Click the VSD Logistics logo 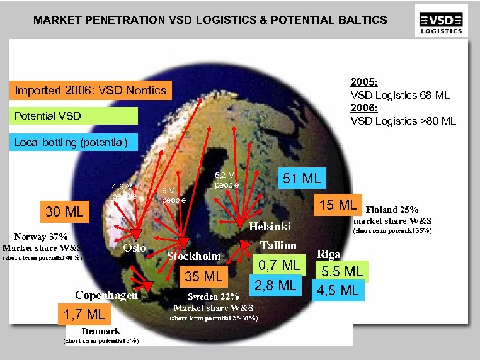click(x=442, y=20)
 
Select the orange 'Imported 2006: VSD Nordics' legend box click(x=91, y=90)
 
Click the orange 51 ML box click(x=302, y=178)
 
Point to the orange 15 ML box click(x=338, y=205)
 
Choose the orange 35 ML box click(x=203, y=276)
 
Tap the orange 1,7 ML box click(x=84, y=313)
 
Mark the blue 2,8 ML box click(x=276, y=284)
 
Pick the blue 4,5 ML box click(x=338, y=290)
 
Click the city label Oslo click(x=134, y=248)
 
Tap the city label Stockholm click(x=194, y=256)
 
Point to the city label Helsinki click(x=270, y=226)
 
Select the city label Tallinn click(x=278, y=244)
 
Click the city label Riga click(x=329, y=254)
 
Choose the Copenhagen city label click(x=106, y=295)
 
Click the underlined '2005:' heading click(x=364, y=82)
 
